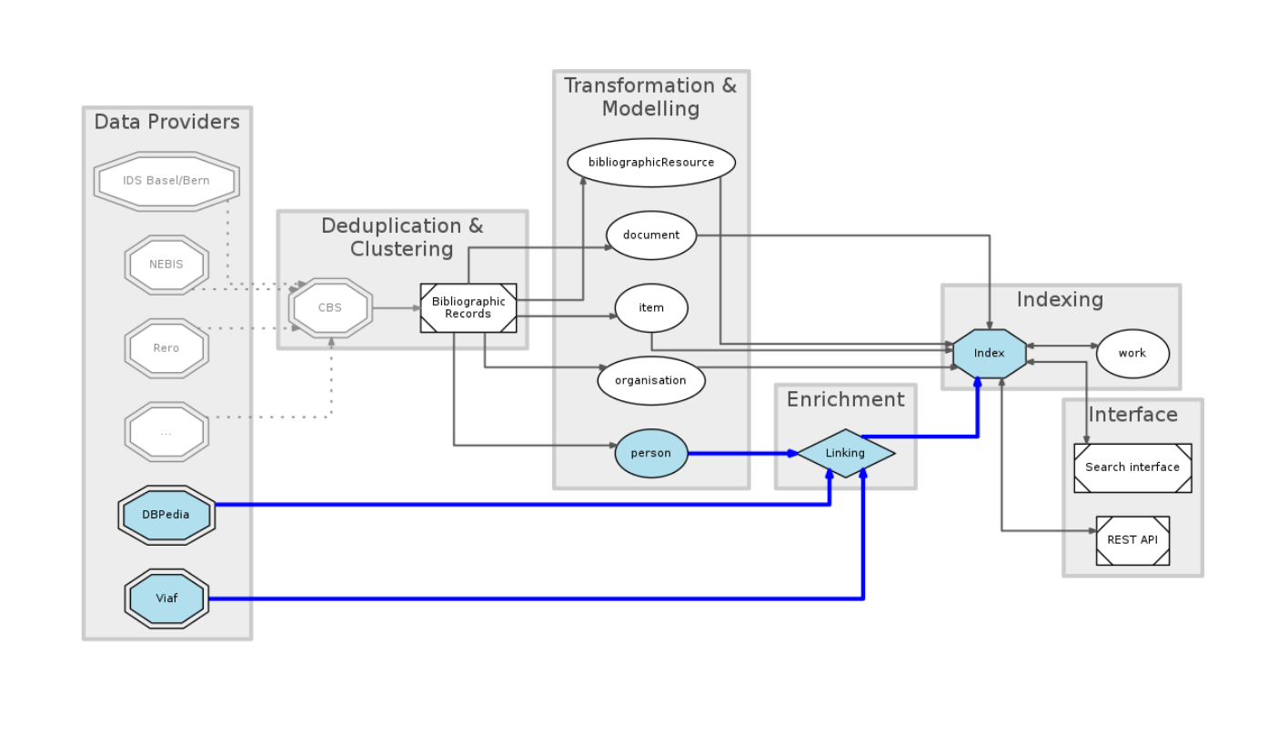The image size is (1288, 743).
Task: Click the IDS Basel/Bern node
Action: [166, 181]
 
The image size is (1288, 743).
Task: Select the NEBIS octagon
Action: [166, 265]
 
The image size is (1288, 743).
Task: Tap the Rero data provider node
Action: [166, 348]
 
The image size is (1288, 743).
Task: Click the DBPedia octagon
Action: [166, 515]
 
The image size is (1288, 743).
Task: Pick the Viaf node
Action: [166, 598]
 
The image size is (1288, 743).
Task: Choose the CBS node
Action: [330, 307]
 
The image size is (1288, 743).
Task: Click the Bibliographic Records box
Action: [468, 308]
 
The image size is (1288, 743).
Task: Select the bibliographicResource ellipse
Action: [651, 163]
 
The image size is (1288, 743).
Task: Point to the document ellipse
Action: [651, 235]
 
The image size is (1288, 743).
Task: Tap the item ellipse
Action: [651, 307]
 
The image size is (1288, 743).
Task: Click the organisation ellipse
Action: [651, 380]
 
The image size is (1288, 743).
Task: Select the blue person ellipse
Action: [651, 453]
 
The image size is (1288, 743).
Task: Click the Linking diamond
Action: [846, 453]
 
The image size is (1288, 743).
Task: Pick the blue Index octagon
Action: [990, 353]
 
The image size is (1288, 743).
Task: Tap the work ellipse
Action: [1132, 354]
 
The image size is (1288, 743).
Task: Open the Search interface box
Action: [1132, 467]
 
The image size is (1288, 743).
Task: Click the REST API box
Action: [1132, 540]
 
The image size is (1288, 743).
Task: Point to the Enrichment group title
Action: [846, 400]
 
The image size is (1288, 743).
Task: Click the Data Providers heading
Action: [167, 122]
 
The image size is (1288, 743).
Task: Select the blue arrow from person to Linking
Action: [741, 453]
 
